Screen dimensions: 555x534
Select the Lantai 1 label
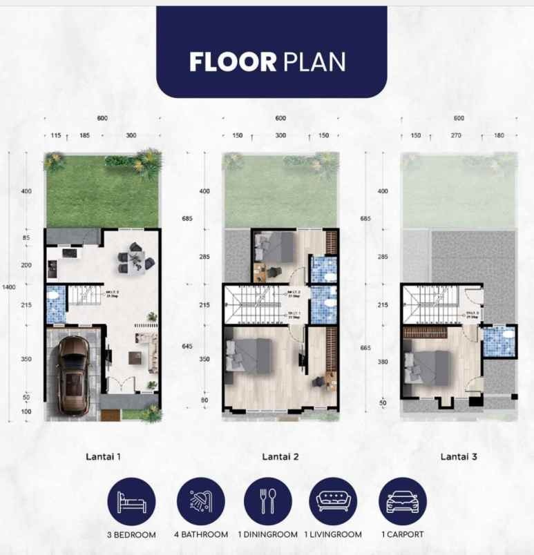coord(104,456)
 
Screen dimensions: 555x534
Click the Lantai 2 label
coord(280,456)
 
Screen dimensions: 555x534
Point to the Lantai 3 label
coord(459,456)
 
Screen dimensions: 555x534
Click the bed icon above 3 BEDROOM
coord(131,501)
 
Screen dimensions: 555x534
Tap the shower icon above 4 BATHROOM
coord(200,501)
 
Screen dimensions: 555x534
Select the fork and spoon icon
coord(267,501)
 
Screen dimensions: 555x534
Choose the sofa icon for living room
coord(334,501)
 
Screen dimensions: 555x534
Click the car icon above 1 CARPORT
coord(403,501)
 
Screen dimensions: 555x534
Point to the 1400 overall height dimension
coord(6,286)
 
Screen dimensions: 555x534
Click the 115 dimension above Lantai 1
coord(56,136)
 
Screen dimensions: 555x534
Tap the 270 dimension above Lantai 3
coord(456,136)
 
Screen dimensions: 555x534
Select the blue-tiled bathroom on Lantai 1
coord(55,304)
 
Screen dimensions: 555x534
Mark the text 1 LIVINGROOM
coord(334,534)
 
